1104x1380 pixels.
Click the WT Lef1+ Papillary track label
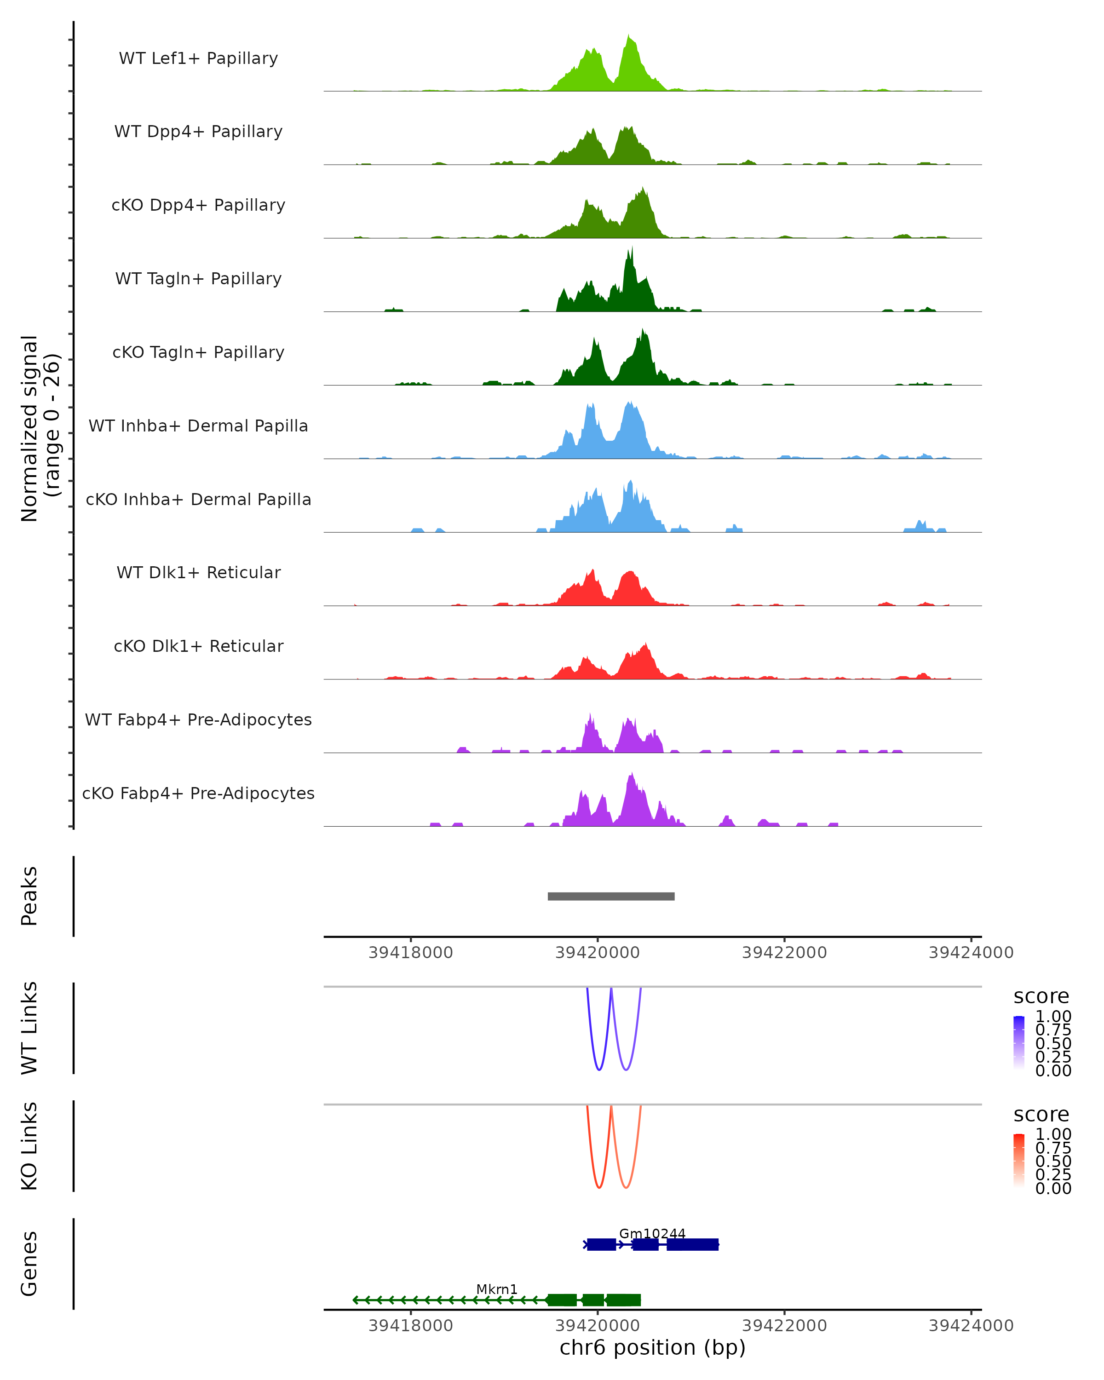pyautogui.click(x=198, y=58)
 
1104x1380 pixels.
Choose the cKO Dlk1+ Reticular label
pyautogui.click(x=198, y=646)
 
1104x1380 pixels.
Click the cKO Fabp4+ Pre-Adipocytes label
pyautogui.click(x=198, y=793)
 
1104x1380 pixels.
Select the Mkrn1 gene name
pyautogui.click(x=497, y=1288)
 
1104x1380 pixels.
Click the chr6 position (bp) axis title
pyautogui.click(x=652, y=1347)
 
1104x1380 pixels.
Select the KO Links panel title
pyautogui.click(x=29, y=1146)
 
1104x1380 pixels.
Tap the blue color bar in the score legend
pyautogui.click(x=1019, y=1042)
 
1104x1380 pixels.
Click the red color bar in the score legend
pyautogui.click(x=1019, y=1160)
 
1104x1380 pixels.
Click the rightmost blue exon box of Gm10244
pyautogui.click(x=692, y=1244)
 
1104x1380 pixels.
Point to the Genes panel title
pyautogui.click(x=29, y=1264)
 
